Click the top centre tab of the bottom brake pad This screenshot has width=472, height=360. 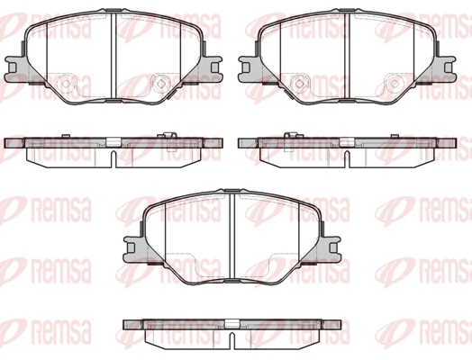[x=232, y=192]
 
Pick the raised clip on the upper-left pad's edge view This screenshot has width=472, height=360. [x=168, y=136]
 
